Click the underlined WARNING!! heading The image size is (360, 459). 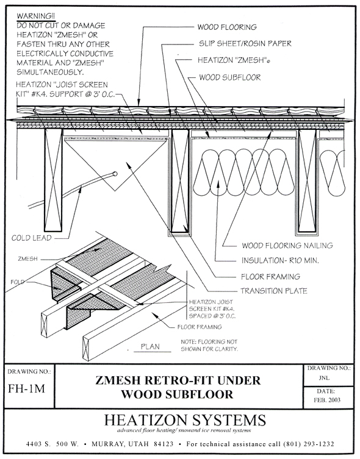35,16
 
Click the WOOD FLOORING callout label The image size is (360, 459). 227,27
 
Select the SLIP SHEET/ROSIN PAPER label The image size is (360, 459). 245,44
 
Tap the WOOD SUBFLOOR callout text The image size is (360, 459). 229,77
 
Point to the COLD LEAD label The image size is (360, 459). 31,238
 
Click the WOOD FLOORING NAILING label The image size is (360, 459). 287,246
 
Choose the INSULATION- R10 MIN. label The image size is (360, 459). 280,260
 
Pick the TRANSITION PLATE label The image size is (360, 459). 274,291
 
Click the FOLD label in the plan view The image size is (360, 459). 17,282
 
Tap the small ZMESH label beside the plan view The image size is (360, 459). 28,259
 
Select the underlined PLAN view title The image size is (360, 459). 150,347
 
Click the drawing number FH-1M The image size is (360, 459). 27,389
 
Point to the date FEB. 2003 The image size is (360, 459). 327,400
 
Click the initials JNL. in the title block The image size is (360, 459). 324,378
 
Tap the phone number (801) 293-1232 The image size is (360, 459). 309,444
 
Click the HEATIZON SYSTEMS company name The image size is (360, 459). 185,420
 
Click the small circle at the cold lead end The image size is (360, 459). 115,174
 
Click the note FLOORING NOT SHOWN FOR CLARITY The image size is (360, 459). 209,346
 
